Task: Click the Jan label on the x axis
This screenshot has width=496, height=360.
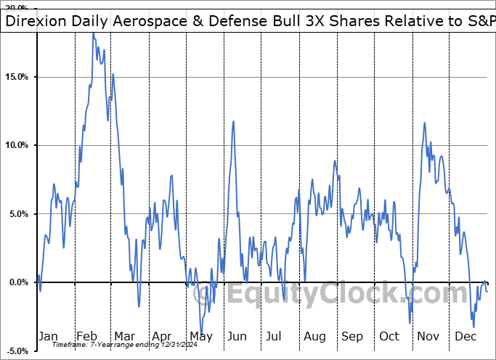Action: coord(47,336)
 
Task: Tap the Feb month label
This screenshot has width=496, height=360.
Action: coord(86,336)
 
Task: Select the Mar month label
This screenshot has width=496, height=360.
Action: coord(124,336)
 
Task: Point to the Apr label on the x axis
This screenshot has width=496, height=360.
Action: coord(163,336)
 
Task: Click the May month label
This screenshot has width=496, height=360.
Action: coord(200,336)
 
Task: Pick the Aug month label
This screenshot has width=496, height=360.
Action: coord(314,336)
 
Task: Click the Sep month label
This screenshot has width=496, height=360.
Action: coord(352,336)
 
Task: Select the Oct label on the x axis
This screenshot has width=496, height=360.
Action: coord(390,336)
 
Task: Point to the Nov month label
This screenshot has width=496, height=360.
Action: coord(428,336)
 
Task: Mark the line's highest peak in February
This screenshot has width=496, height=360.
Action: coord(93,33)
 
